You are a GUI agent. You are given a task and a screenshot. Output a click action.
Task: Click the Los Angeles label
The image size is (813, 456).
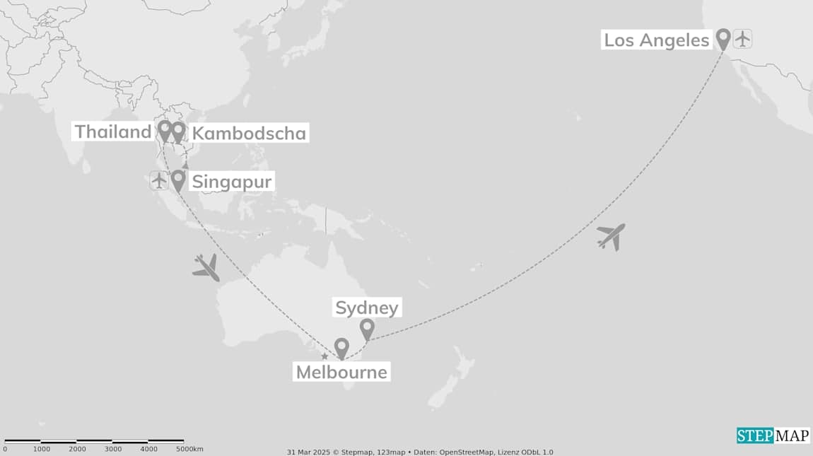tap(655, 40)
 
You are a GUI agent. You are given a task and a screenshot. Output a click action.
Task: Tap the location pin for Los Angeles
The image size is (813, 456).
tap(723, 38)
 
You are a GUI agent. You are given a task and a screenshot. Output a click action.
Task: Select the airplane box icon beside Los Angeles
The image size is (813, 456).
tap(742, 38)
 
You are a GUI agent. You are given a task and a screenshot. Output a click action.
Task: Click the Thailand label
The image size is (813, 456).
tap(113, 131)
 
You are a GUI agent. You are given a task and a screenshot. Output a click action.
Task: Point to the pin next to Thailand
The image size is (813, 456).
tap(164, 129)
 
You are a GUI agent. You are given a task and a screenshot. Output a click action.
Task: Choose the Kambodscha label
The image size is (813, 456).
tap(249, 134)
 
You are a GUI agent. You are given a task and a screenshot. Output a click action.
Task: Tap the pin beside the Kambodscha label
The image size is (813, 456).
tap(178, 131)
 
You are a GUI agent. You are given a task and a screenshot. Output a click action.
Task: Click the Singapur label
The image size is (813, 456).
tap(231, 182)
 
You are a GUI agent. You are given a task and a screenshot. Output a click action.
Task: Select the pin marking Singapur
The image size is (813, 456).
tap(178, 180)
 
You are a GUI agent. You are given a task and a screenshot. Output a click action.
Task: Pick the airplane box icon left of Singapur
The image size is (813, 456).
tap(159, 180)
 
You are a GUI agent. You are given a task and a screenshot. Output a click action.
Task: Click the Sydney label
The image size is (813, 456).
tap(367, 308)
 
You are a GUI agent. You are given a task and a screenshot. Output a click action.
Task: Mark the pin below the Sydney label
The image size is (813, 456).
tap(367, 328)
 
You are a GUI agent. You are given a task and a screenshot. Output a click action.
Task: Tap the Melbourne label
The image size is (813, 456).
tap(341, 372)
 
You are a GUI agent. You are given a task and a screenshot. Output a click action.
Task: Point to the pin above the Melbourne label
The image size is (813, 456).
tap(341, 347)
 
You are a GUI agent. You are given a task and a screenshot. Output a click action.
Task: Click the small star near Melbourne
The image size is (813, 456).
tap(324, 356)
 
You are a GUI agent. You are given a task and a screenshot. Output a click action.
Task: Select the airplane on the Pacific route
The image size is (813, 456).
tap(611, 236)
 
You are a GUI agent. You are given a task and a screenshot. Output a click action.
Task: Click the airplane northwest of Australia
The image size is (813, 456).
tap(206, 267)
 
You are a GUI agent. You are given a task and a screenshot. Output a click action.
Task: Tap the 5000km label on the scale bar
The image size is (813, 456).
tap(189, 449)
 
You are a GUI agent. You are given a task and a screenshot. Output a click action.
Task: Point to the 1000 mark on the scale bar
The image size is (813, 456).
tap(42, 449)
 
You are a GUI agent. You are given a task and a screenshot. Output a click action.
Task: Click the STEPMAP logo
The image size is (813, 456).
tap(773, 435)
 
